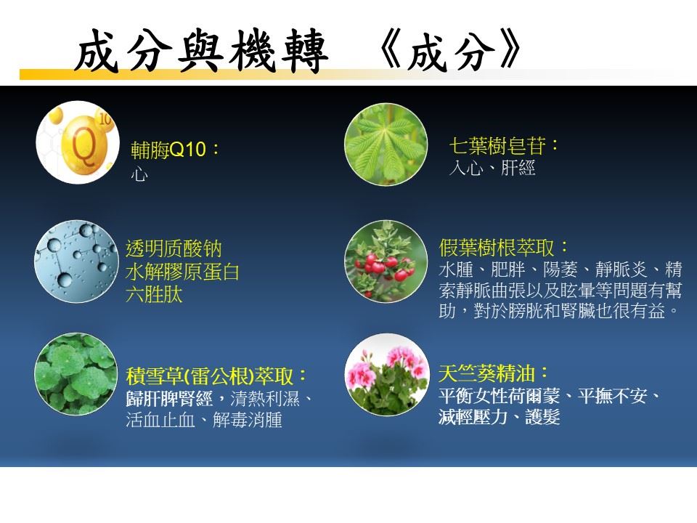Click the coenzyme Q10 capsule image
tap(78, 143)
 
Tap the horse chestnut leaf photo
tap(386, 144)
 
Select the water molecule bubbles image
tap(76, 261)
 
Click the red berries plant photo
tap(386, 261)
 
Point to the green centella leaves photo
tap(76, 374)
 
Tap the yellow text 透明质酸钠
tap(174, 248)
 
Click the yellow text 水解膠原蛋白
tap(182, 271)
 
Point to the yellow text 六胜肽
tap(154, 294)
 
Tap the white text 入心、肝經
tap(492, 168)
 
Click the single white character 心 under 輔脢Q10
tap(139, 174)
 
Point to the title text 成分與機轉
tap(201, 51)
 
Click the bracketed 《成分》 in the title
tap(450, 50)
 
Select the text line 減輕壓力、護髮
tap(499, 417)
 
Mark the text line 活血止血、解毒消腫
tap(204, 419)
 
